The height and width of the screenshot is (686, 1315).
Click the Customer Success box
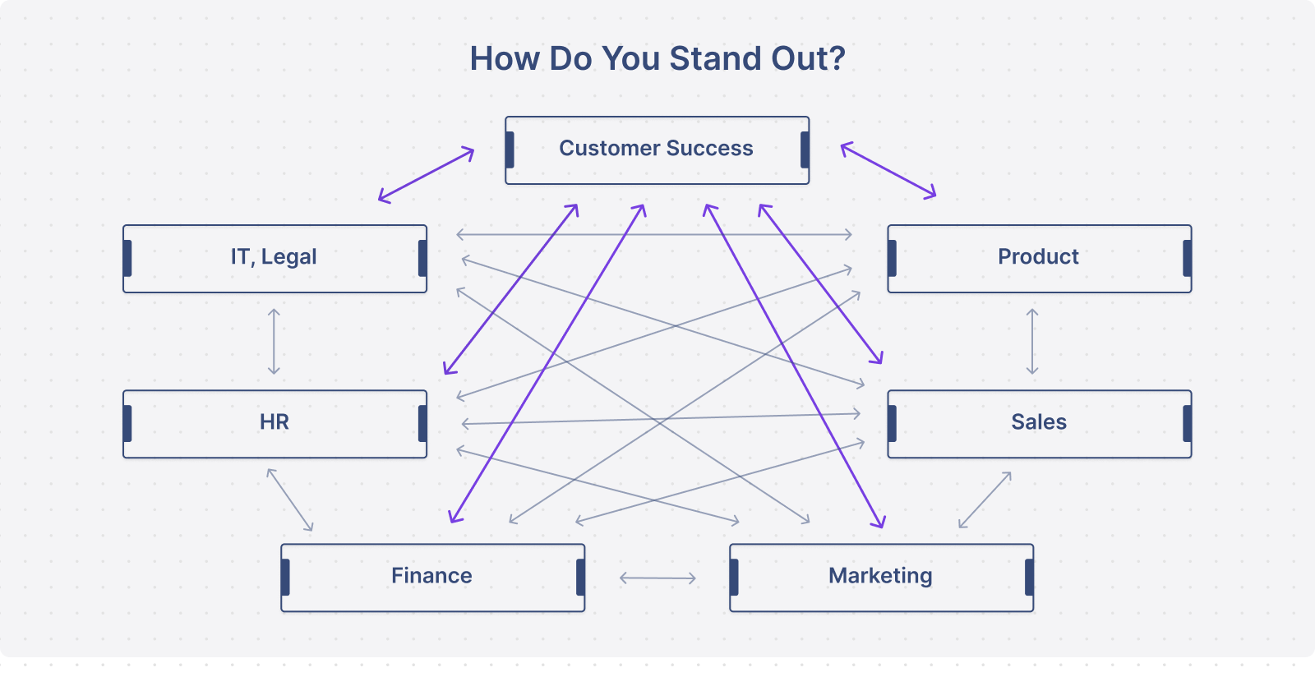[x=657, y=150]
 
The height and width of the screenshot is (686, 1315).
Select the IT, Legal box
[x=275, y=259]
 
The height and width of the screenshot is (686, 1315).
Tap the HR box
[x=275, y=424]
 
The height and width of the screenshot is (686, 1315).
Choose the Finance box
[x=432, y=578]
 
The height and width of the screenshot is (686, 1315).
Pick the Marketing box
[x=882, y=578]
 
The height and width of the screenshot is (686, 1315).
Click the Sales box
[x=1040, y=424]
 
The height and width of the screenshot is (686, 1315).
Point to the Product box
[x=1040, y=259]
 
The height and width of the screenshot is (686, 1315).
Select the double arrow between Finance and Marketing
[x=657, y=578]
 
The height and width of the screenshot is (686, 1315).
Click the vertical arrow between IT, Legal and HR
[x=274, y=342]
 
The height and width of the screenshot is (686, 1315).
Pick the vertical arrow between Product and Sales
[x=1032, y=342]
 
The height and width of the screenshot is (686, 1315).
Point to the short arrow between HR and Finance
[x=289, y=500]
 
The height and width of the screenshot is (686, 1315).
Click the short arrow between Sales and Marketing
[x=985, y=500]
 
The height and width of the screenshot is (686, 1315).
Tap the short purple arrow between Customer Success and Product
[x=888, y=171]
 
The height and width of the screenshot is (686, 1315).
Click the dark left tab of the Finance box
[x=285, y=578]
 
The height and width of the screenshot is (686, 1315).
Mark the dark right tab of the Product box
[x=1187, y=258]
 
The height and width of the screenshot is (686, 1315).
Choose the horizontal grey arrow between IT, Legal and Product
[x=654, y=235]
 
